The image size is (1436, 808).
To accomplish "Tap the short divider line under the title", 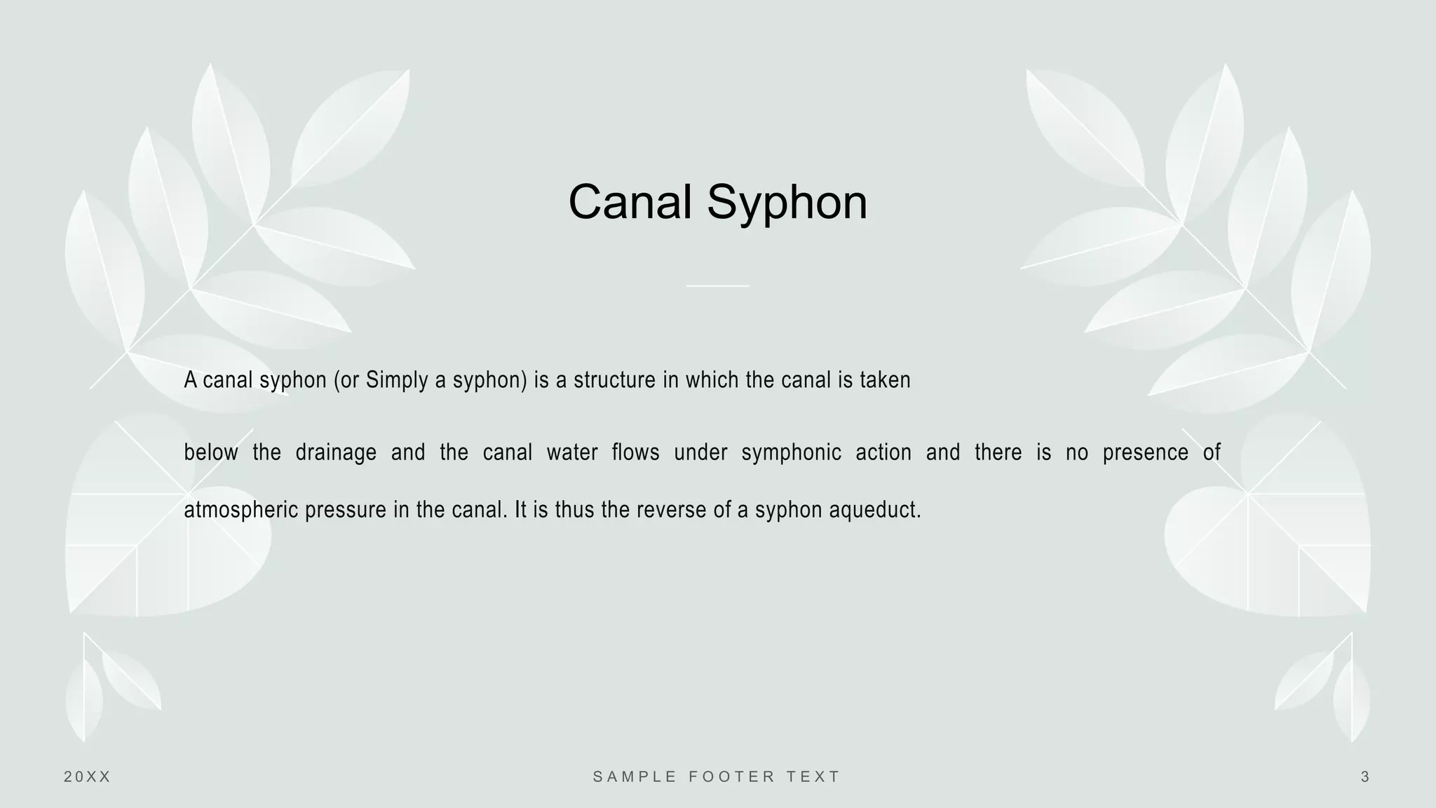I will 717,285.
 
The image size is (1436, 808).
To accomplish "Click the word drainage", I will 336,453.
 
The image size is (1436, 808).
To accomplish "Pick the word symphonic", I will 791,453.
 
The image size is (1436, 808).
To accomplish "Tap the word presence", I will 1145,453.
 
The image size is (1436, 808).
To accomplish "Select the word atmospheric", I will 241,510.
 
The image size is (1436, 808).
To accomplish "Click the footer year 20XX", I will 88,776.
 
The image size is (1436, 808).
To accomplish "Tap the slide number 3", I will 1364,776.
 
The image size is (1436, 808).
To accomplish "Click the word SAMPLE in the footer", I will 635,776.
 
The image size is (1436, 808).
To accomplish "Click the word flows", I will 635,453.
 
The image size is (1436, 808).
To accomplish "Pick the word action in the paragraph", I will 883,453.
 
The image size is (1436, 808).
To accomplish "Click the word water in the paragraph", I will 572,453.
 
